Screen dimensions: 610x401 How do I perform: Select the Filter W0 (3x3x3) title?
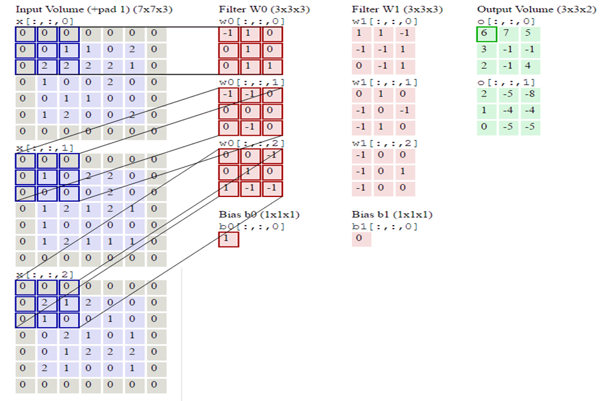pos(264,9)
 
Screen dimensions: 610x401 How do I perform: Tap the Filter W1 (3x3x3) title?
pos(397,9)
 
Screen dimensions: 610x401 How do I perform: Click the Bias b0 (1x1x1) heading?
pos(259,215)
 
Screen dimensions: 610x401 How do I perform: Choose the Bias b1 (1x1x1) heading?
pos(392,215)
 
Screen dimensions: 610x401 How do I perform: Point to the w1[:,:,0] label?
pos(385,21)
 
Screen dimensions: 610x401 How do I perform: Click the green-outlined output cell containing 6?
pos(486,34)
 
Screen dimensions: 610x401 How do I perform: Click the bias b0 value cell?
pos(228,239)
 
